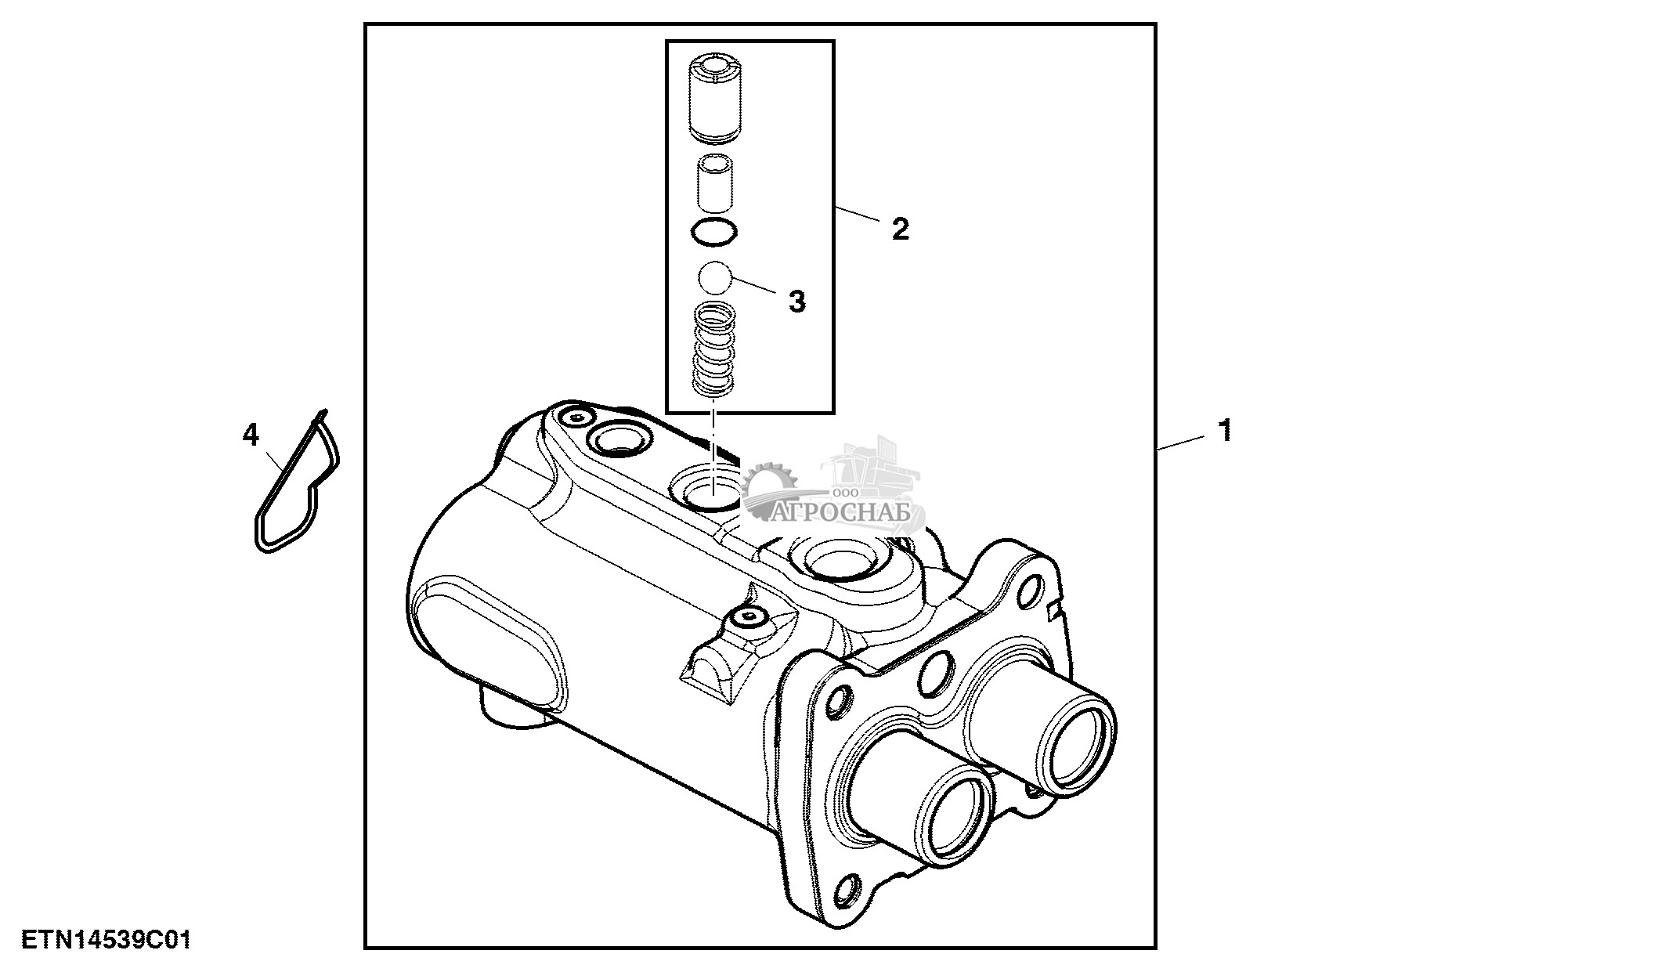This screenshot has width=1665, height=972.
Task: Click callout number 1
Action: (x=1225, y=430)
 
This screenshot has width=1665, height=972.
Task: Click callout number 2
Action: (x=901, y=229)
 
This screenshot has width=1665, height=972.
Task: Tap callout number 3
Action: (x=796, y=302)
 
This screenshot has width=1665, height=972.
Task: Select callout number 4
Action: (x=250, y=435)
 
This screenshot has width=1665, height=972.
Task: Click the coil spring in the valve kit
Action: (x=714, y=349)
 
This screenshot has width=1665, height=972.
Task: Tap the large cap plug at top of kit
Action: (x=714, y=99)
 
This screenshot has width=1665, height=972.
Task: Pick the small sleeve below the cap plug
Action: (x=714, y=184)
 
